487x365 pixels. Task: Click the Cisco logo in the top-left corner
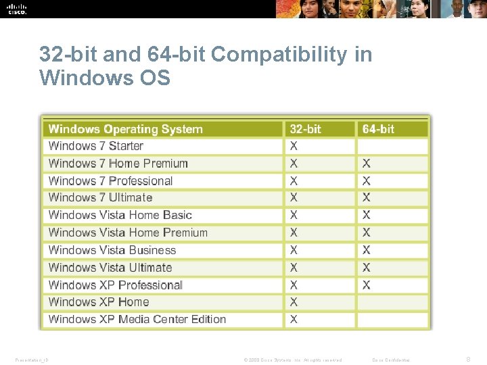click(x=17, y=8)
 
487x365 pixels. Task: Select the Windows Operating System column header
click(x=126, y=129)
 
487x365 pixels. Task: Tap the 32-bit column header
click(x=305, y=129)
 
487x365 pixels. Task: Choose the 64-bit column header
click(x=378, y=129)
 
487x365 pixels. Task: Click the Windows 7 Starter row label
click(x=96, y=146)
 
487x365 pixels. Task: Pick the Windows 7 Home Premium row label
click(x=118, y=164)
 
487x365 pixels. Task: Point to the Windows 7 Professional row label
click(x=111, y=181)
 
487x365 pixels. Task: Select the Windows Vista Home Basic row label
click(x=120, y=216)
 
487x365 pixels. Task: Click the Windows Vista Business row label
click(x=112, y=250)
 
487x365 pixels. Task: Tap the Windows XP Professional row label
click(x=116, y=285)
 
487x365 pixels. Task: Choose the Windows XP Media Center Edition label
click(x=137, y=320)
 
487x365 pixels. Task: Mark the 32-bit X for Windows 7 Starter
click(x=294, y=146)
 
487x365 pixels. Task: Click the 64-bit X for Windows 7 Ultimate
click(x=366, y=198)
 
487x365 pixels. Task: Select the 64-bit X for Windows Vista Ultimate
click(x=366, y=268)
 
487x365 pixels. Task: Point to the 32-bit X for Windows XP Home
click(x=294, y=302)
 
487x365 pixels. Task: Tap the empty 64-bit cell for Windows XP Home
click(x=392, y=302)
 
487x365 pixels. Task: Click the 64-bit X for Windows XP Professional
click(x=366, y=285)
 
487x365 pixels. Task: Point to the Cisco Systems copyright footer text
click(x=294, y=360)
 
